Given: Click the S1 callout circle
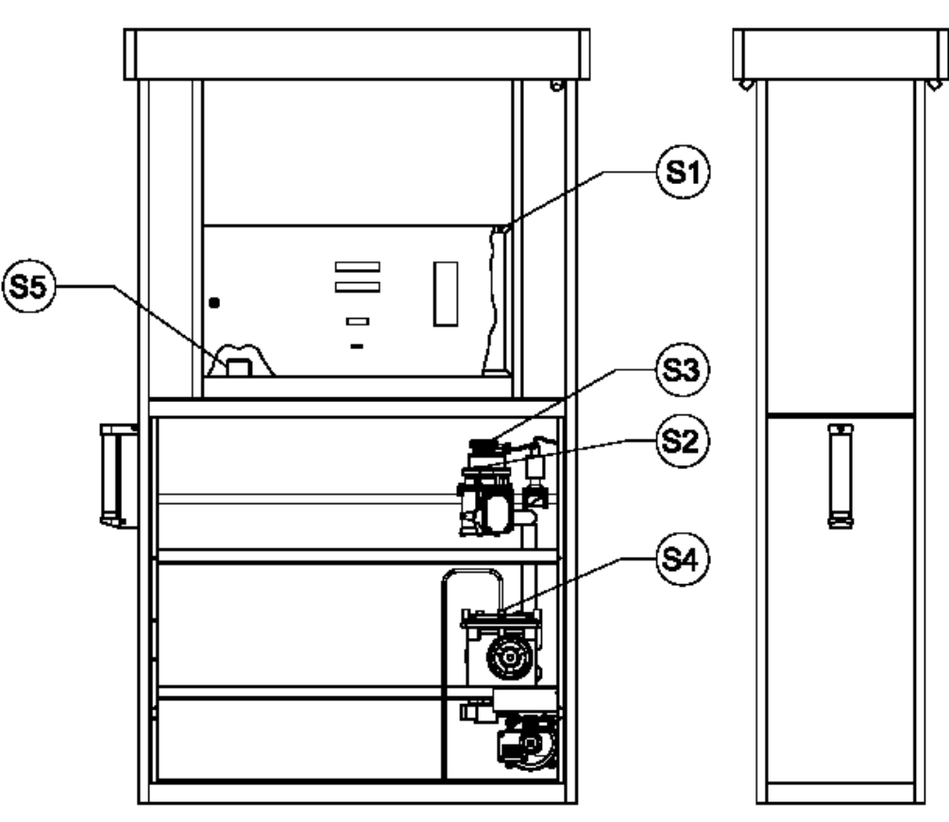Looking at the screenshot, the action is [684, 172].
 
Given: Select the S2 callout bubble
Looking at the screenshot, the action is [682, 441].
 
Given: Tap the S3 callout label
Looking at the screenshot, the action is [682, 370].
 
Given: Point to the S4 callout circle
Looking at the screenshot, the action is [682, 559].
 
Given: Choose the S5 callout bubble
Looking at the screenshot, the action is [28, 286].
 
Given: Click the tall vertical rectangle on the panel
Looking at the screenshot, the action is [446, 294].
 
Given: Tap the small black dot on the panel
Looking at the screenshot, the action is [214, 302].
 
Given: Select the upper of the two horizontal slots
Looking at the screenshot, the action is [358, 267].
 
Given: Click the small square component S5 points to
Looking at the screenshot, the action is [239, 367].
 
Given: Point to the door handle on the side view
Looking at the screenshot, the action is [840, 476].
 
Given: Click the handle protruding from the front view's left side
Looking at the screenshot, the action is [117, 475].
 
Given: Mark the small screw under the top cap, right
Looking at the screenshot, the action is [556, 86].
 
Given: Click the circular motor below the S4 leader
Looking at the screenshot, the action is [510, 657].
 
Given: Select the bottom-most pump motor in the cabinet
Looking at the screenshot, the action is [528, 742].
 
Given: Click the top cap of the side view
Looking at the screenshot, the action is [840, 55].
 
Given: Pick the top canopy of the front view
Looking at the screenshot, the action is [357, 55].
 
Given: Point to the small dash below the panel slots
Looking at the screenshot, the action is [357, 346].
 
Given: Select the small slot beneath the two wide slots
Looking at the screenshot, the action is [358, 321].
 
